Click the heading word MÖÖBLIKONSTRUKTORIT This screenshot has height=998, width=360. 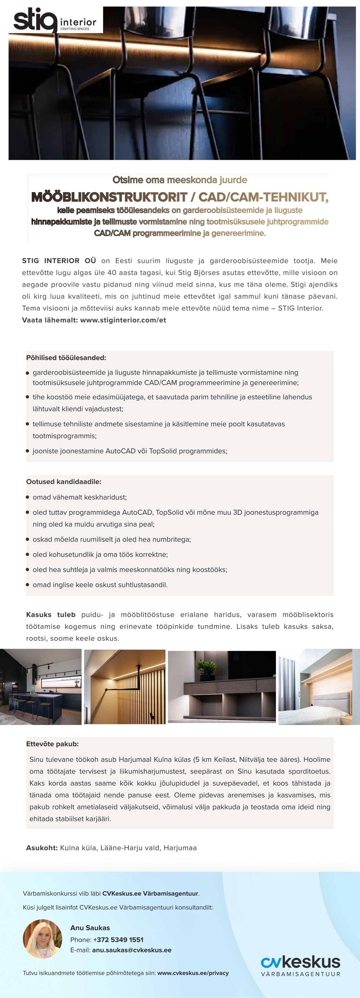[x=110, y=197]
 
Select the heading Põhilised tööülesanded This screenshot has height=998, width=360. [x=66, y=358]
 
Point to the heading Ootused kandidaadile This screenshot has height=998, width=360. [x=64, y=482]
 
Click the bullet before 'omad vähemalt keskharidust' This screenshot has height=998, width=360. [x=28, y=497]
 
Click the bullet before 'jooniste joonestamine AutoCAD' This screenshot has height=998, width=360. [x=28, y=451]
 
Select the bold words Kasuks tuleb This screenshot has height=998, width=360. [x=51, y=615]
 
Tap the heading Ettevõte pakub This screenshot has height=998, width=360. [x=52, y=744]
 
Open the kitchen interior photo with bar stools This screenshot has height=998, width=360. [x=41, y=687]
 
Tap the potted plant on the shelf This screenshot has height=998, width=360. [x=205, y=669]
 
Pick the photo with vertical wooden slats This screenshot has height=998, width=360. [x=124, y=687]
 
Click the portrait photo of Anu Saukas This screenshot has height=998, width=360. [x=42, y=939]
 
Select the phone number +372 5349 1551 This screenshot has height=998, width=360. [x=118, y=939]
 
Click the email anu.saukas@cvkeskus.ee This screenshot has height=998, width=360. [x=131, y=950]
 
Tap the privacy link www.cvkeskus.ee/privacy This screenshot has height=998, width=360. [x=193, y=973]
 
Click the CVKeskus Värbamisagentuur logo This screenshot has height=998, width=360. [x=300, y=966]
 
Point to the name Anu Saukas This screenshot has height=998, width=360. [x=90, y=927]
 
